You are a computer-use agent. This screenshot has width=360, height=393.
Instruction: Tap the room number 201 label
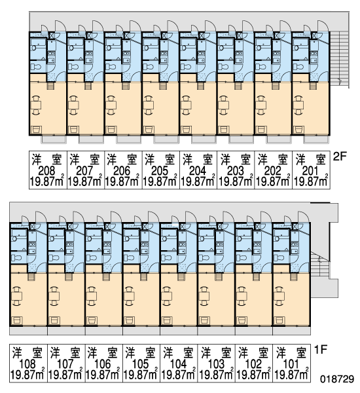point(310,171)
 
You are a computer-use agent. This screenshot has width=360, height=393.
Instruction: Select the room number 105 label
point(140,364)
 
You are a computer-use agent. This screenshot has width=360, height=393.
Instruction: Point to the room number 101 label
point(291,364)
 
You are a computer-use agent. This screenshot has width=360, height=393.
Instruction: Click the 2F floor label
point(340,157)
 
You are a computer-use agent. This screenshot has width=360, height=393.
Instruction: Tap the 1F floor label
point(321,349)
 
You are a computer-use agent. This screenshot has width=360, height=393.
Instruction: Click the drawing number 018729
point(337,379)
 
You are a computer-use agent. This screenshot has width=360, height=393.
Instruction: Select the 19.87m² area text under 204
point(198,181)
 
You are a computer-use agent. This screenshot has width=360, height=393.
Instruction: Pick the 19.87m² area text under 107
point(65,375)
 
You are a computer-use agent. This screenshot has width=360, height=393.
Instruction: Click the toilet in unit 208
point(35,67)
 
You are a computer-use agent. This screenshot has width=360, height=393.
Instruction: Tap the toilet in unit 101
point(279,257)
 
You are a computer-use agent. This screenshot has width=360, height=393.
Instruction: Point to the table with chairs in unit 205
point(149,105)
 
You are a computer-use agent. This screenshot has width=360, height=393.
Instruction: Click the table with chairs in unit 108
point(17,296)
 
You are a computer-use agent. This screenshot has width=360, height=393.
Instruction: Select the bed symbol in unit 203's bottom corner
point(224,130)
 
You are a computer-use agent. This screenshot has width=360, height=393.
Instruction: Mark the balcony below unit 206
point(128,140)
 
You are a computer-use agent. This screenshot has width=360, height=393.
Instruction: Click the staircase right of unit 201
point(338,60)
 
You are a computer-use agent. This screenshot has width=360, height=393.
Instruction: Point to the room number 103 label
point(216,364)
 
